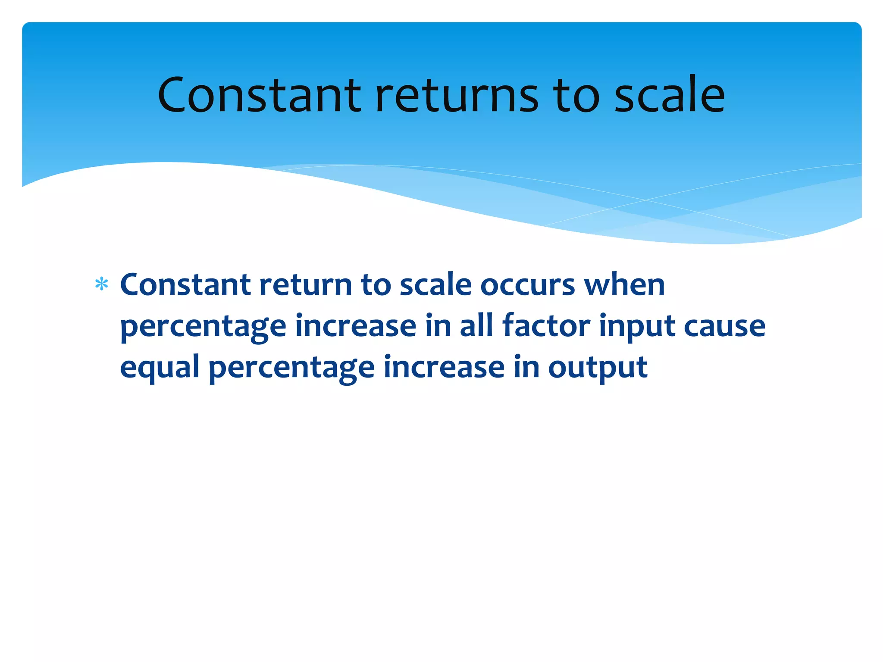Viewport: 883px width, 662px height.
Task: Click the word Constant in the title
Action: [259, 96]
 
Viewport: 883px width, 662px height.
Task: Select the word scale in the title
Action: [669, 96]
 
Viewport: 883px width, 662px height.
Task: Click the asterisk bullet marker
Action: [101, 284]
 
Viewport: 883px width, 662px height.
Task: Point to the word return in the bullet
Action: [306, 285]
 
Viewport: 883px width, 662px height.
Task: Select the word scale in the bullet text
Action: [435, 285]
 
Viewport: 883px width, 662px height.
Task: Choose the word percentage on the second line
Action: [203, 327]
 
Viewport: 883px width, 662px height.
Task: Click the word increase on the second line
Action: [356, 326]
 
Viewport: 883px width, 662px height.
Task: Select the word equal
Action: [160, 368]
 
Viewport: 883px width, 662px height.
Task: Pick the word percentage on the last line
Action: [291, 368]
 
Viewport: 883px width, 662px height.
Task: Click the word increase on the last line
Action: [444, 367]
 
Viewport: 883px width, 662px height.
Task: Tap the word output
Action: [598, 368]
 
